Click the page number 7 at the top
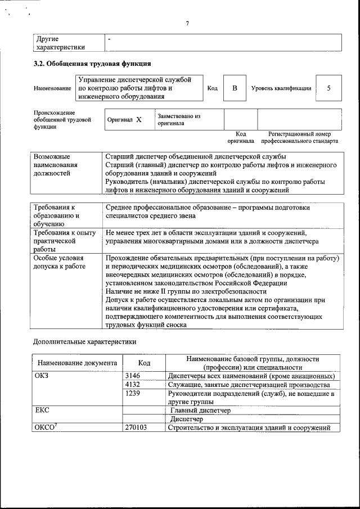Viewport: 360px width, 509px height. (x=187, y=23)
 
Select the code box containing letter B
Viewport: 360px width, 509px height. (x=235, y=89)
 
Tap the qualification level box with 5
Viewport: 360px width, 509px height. (x=328, y=89)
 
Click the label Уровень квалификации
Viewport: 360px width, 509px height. (x=281, y=89)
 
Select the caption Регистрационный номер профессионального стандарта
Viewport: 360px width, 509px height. (x=303, y=138)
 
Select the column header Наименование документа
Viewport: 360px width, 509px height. (x=78, y=363)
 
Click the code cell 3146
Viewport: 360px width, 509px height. (x=133, y=376)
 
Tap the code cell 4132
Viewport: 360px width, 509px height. (x=133, y=385)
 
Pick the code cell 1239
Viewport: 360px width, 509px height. (x=133, y=394)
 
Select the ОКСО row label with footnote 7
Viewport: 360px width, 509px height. (x=44, y=427)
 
